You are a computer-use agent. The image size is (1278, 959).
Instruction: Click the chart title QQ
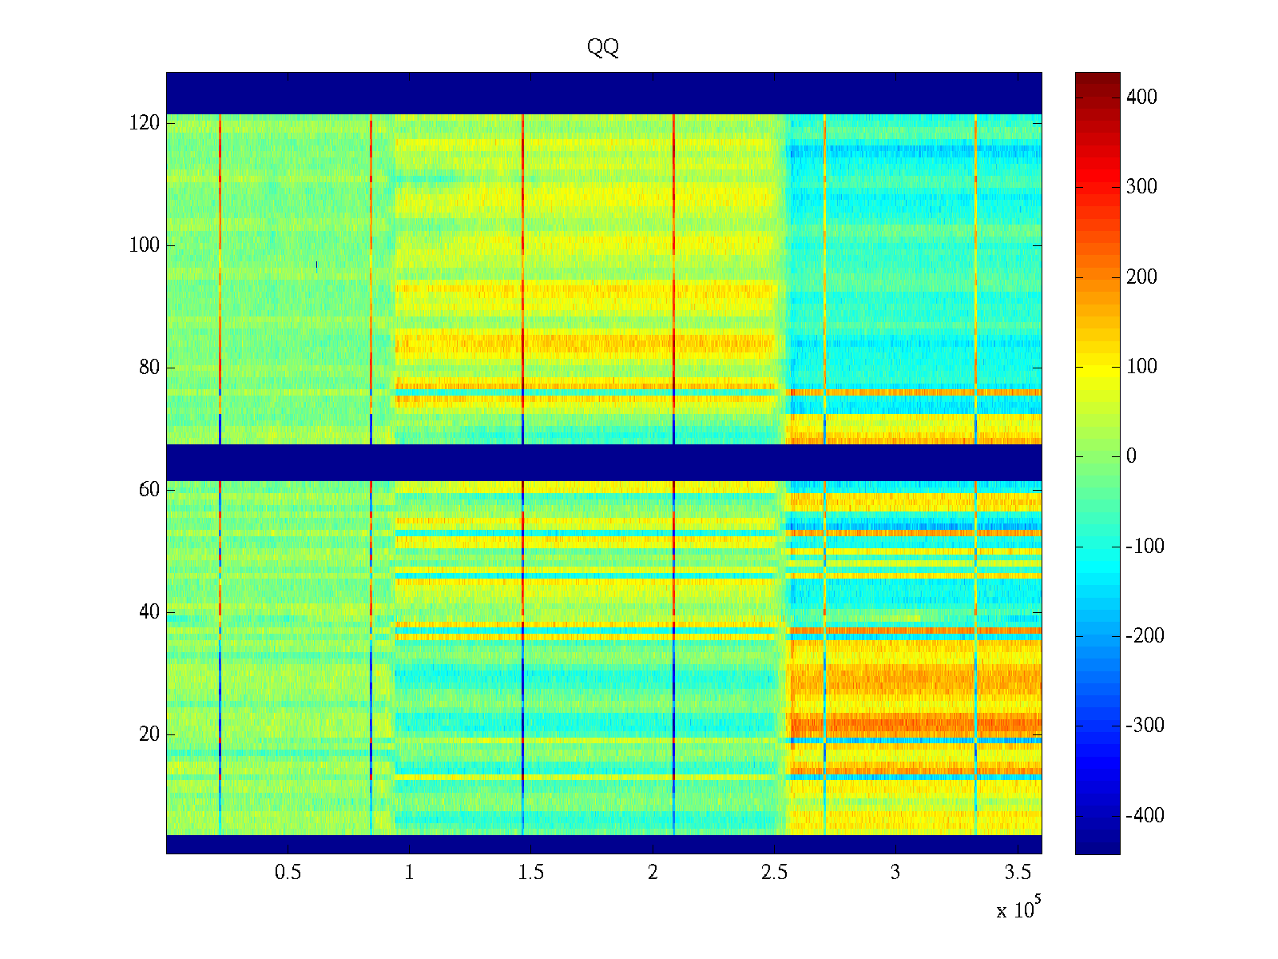pos(603,48)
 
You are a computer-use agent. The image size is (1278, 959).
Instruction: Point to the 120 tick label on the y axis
pos(145,123)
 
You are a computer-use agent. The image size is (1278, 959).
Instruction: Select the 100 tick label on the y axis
pos(145,245)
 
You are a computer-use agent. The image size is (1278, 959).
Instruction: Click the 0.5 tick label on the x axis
pos(288,873)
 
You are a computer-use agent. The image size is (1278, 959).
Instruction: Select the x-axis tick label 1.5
pos(531,873)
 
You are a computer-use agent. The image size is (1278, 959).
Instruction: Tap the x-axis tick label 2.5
pos(774,873)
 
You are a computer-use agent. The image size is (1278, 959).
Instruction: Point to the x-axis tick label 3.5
pos(1017,873)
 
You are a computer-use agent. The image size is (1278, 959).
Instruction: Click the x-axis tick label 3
pos(895,873)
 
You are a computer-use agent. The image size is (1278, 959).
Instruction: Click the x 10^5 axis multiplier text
pos(1018,909)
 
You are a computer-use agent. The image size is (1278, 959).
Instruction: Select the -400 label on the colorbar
pos(1145,816)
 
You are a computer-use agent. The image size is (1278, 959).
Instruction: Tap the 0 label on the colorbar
pos(1131,456)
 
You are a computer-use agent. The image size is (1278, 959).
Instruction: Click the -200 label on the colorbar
pos(1145,636)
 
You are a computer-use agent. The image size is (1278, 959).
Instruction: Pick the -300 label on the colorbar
pos(1145,726)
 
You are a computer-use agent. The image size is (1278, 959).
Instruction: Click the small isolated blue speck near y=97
pos(317,265)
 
